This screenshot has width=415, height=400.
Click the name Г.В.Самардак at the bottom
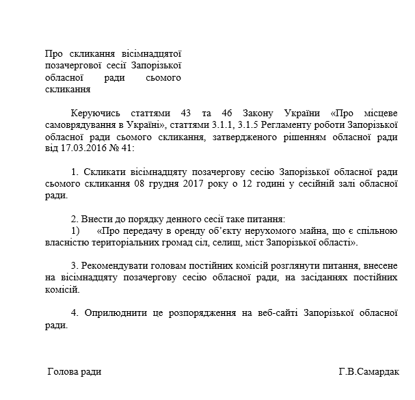[370, 373]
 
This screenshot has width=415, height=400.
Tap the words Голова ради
[74, 372]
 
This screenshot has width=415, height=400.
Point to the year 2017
[207, 184]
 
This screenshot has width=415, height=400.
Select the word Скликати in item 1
[105, 172]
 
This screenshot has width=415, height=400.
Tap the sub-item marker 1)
[74, 231]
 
